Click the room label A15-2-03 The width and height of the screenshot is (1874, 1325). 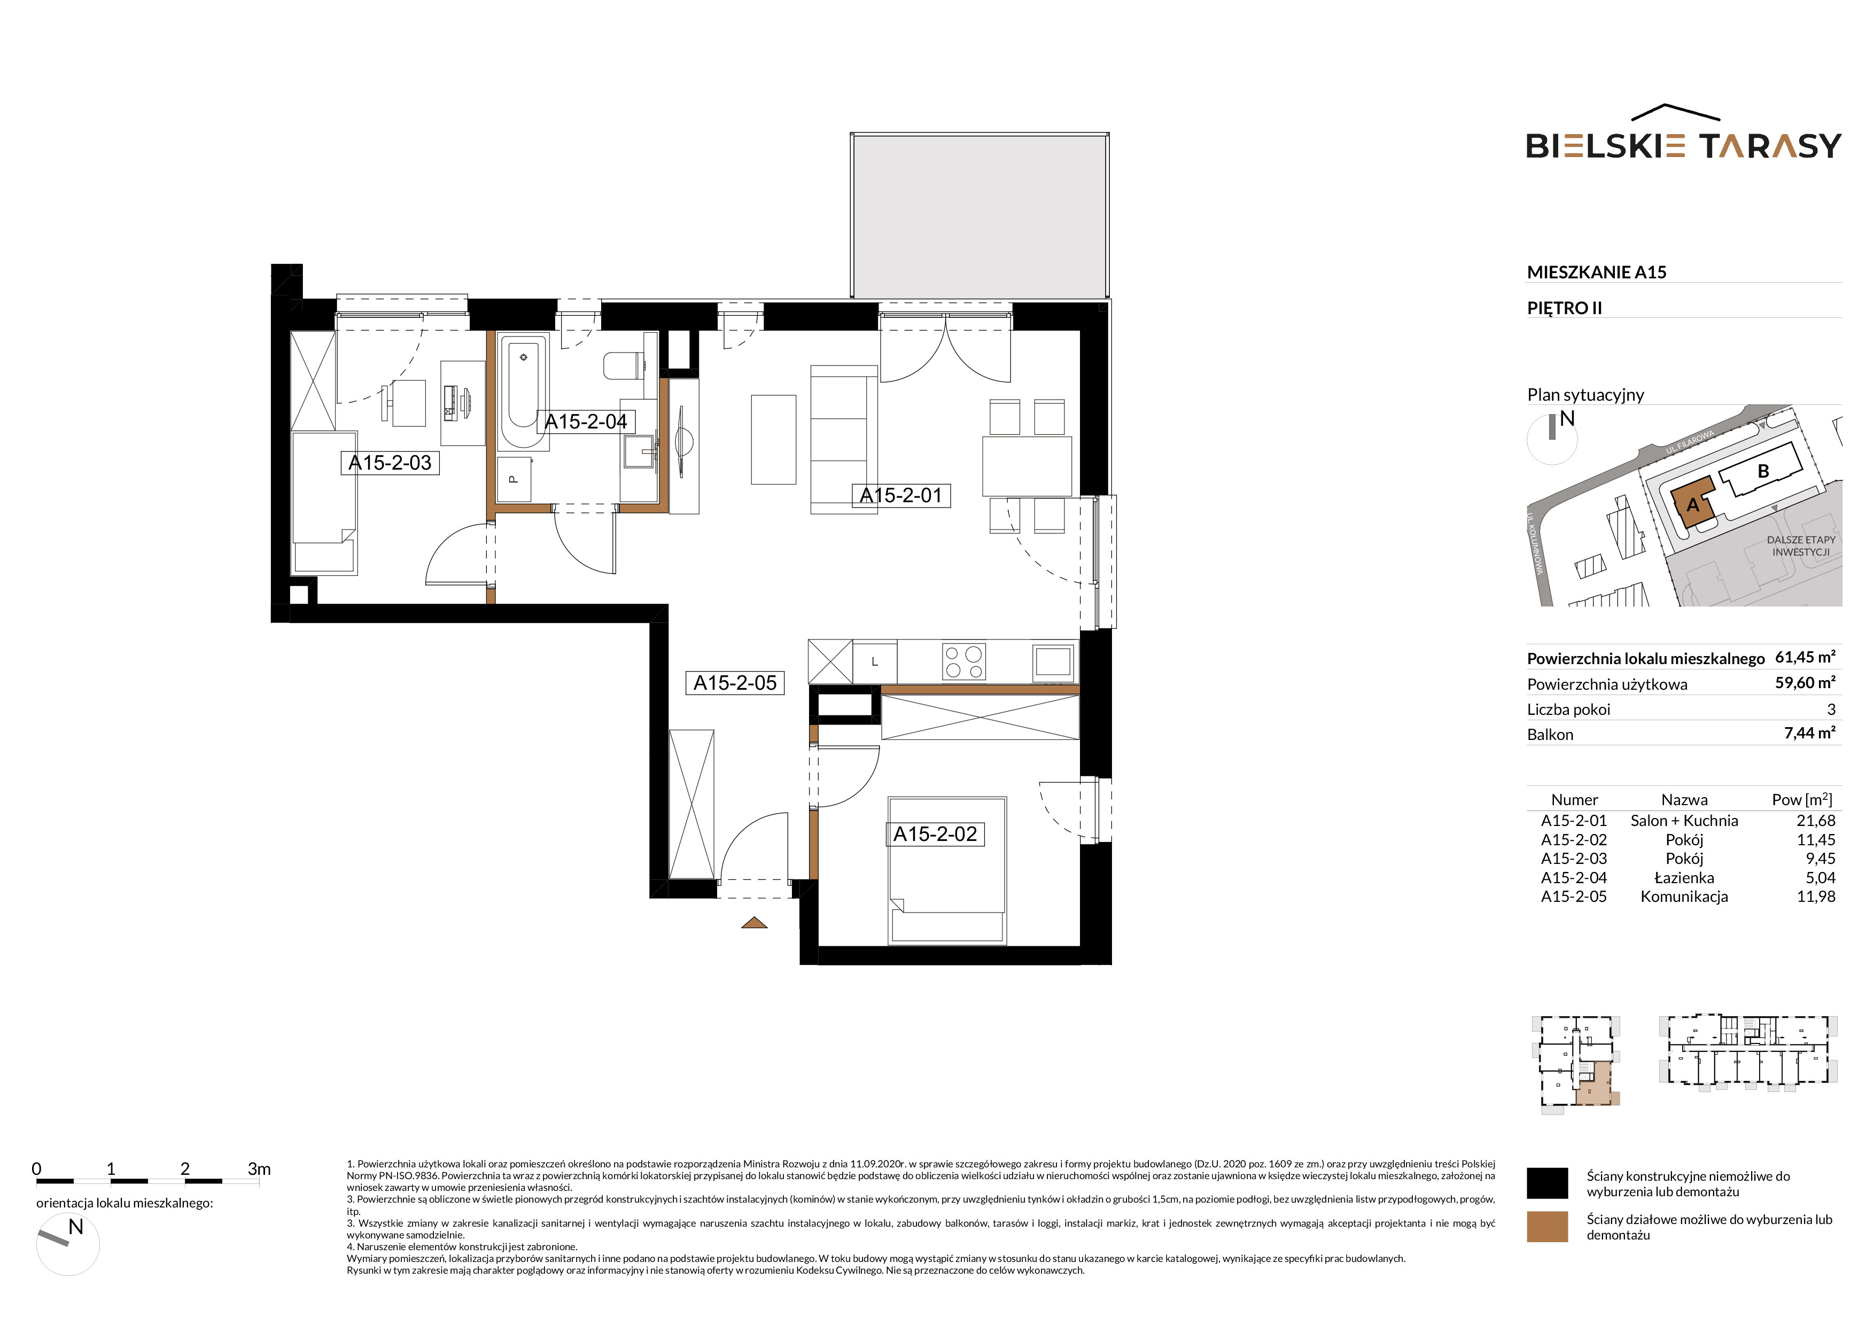pyautogui.click(x=390, y=463)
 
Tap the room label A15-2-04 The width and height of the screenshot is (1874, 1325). pyautogui.click(x=586, y=422)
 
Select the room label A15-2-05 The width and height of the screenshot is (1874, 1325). pyautogui.click(x=735, y=683)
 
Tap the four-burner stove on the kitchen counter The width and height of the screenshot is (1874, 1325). pyautogui.click(x=964, y=661)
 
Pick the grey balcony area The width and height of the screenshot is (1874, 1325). pyautogui.click(x=979, y=215)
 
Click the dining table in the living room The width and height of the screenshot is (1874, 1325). pyautogui.click(x=1027, y=466)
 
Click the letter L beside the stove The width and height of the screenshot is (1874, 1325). pyautogui.click(x=874, y=661)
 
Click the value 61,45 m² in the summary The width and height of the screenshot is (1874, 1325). pyautogui.click(x=1806, y=657)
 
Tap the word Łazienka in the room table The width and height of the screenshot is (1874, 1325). pyautogui.click(x=1684, y=878)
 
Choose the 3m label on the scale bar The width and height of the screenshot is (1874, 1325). pyautogui.click(x=259, y=1169)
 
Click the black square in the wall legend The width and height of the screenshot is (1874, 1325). pyautogui.click(x=1546, y=1183)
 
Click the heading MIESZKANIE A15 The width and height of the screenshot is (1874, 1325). pyautogui.click(x=1597, y=272)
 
